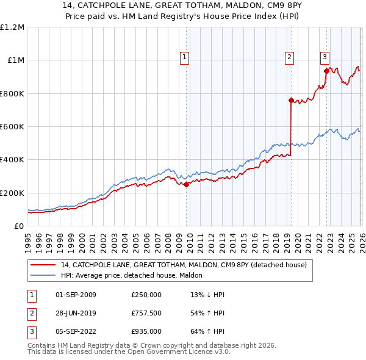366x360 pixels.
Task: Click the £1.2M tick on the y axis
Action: point(12,27)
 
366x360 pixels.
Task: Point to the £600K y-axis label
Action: point(12,127)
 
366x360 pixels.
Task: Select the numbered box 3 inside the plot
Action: point(325,57)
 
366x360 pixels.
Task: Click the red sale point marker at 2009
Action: point(186,185)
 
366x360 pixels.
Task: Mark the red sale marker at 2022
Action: point(326,71)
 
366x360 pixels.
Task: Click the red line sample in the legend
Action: point(44,265)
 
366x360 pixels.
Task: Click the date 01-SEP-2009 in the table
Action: point(76,295)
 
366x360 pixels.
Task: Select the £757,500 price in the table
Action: point(146,313)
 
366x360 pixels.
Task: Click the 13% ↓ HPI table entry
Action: point(207,295)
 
